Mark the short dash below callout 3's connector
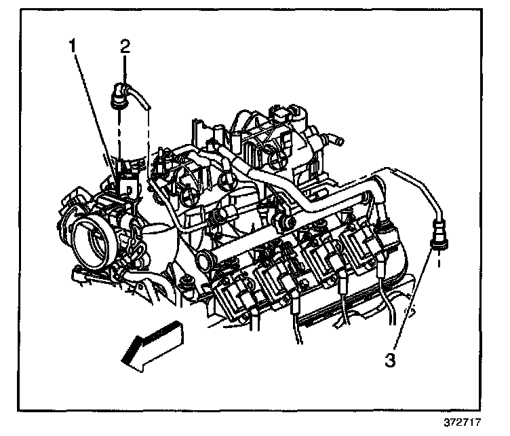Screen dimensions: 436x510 click(439, 259)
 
